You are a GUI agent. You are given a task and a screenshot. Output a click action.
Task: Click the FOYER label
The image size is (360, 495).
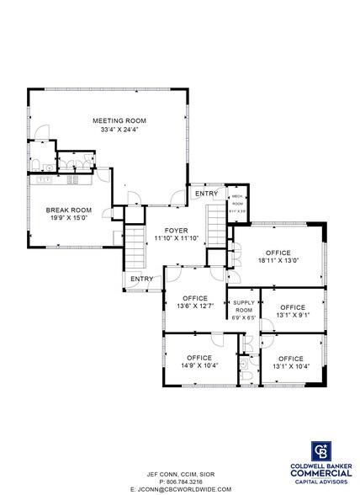tap(176, 230)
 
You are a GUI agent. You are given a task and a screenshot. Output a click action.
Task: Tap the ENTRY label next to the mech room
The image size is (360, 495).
tap(206, 194)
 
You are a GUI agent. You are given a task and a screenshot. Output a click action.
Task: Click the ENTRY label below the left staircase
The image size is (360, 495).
tap(140, 279)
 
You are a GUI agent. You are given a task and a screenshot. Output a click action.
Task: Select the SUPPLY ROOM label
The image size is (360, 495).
tap(244, 305)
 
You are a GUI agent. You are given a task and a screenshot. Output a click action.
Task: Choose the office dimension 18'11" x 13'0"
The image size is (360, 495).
tap(278, 262)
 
